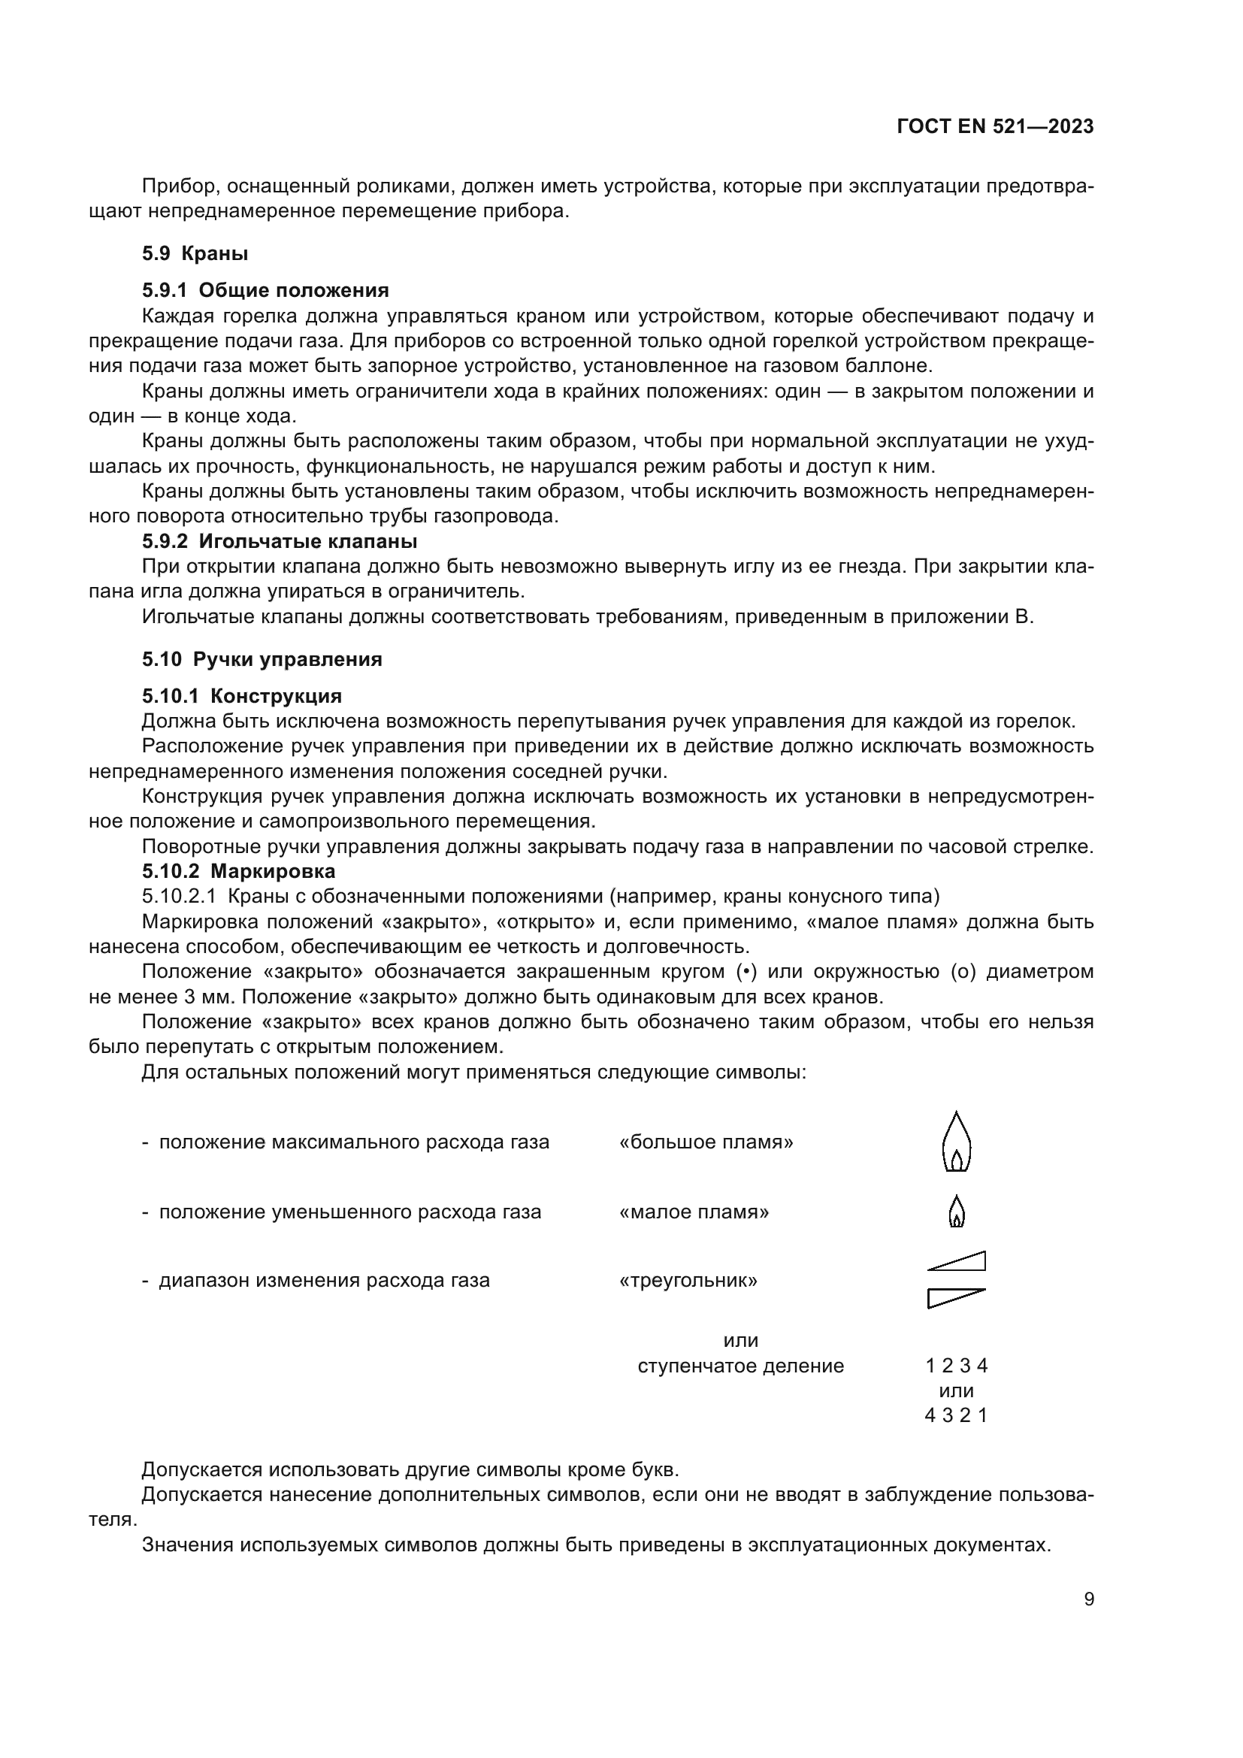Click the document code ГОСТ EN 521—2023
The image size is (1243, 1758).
(994, 127)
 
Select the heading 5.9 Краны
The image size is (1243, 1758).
(195, 253)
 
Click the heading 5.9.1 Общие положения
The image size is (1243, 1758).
(265, 290)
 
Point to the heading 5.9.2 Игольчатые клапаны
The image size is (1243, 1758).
(280, 541)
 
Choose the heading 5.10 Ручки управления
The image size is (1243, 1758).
(262, 659)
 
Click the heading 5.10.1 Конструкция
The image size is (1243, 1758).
(241, 696)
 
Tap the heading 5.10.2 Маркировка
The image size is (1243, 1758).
(238, 871)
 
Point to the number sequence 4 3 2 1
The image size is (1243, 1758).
(956, 1415)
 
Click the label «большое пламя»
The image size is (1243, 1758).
(706, 1142)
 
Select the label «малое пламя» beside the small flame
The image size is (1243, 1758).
(694, 1212)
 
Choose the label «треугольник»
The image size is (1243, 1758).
(688, 1280)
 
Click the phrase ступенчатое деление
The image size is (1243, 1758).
(740, 1366)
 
